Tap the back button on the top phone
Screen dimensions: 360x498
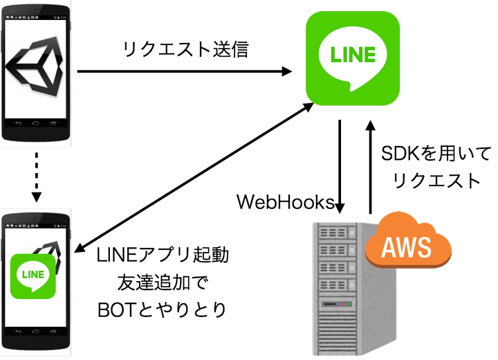[x=17, y=123]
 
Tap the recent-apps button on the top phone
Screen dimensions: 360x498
[x=53, y=123]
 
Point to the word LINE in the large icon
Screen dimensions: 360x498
[x=353, y=54]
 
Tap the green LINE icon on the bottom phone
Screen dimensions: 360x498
[x=33, y=276]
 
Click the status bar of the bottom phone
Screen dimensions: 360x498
[x=35, y=226]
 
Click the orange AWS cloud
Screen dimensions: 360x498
[x=408, y=242]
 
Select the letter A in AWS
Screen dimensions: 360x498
[x=389, y=246]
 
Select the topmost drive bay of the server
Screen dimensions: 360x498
[x=333, y=233]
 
